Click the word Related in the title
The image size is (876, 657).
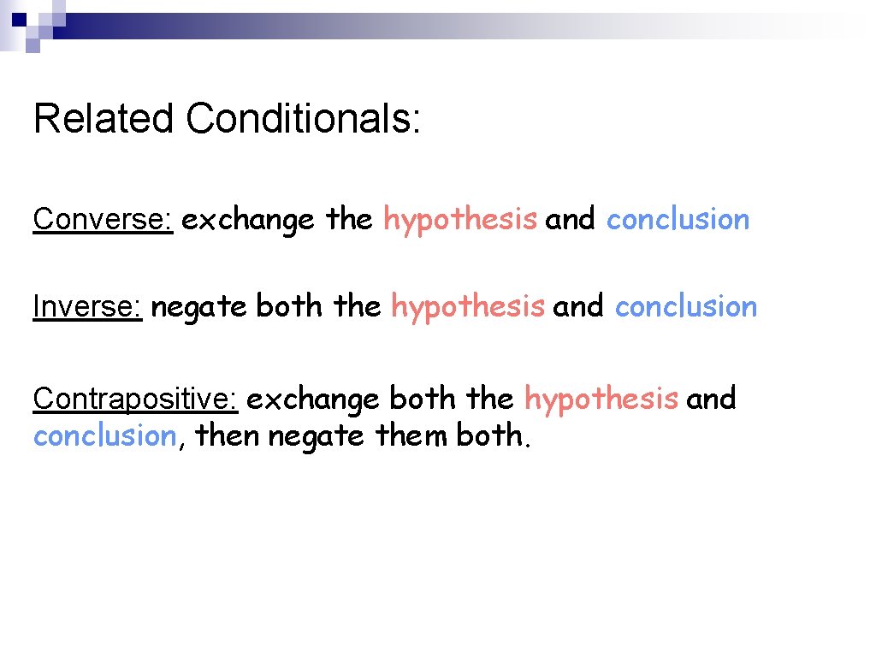click(x=104, y=119)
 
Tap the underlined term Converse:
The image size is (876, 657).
click(x=104, y=220)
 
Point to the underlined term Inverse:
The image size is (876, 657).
click(x=87, y=306)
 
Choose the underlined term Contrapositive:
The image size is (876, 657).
click(x=135, y=399)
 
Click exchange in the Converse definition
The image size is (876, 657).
click(x=248, y=220)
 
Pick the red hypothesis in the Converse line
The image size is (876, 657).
click(x=460, y=220)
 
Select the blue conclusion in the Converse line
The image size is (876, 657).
click(x=678, y=220)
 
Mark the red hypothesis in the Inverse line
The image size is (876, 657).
click(x=467, y=306)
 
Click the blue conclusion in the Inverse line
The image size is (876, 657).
click(x=685, y=306)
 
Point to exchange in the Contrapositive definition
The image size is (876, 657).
click(x=312, y=399)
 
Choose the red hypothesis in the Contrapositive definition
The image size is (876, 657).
click(x=601, y=399)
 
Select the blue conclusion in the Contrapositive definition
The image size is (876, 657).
click(x=104, y=436)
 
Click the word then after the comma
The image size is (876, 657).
click(x=228, y=436)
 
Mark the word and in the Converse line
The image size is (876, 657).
click(x=571, y=220)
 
